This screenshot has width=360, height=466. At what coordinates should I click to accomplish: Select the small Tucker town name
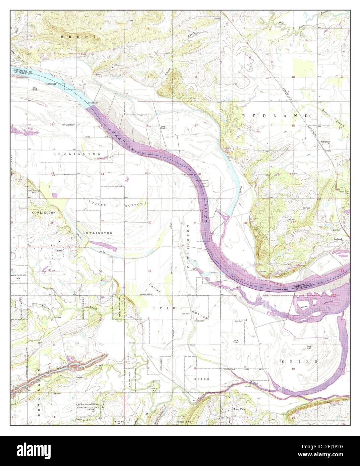pos(59,250)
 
